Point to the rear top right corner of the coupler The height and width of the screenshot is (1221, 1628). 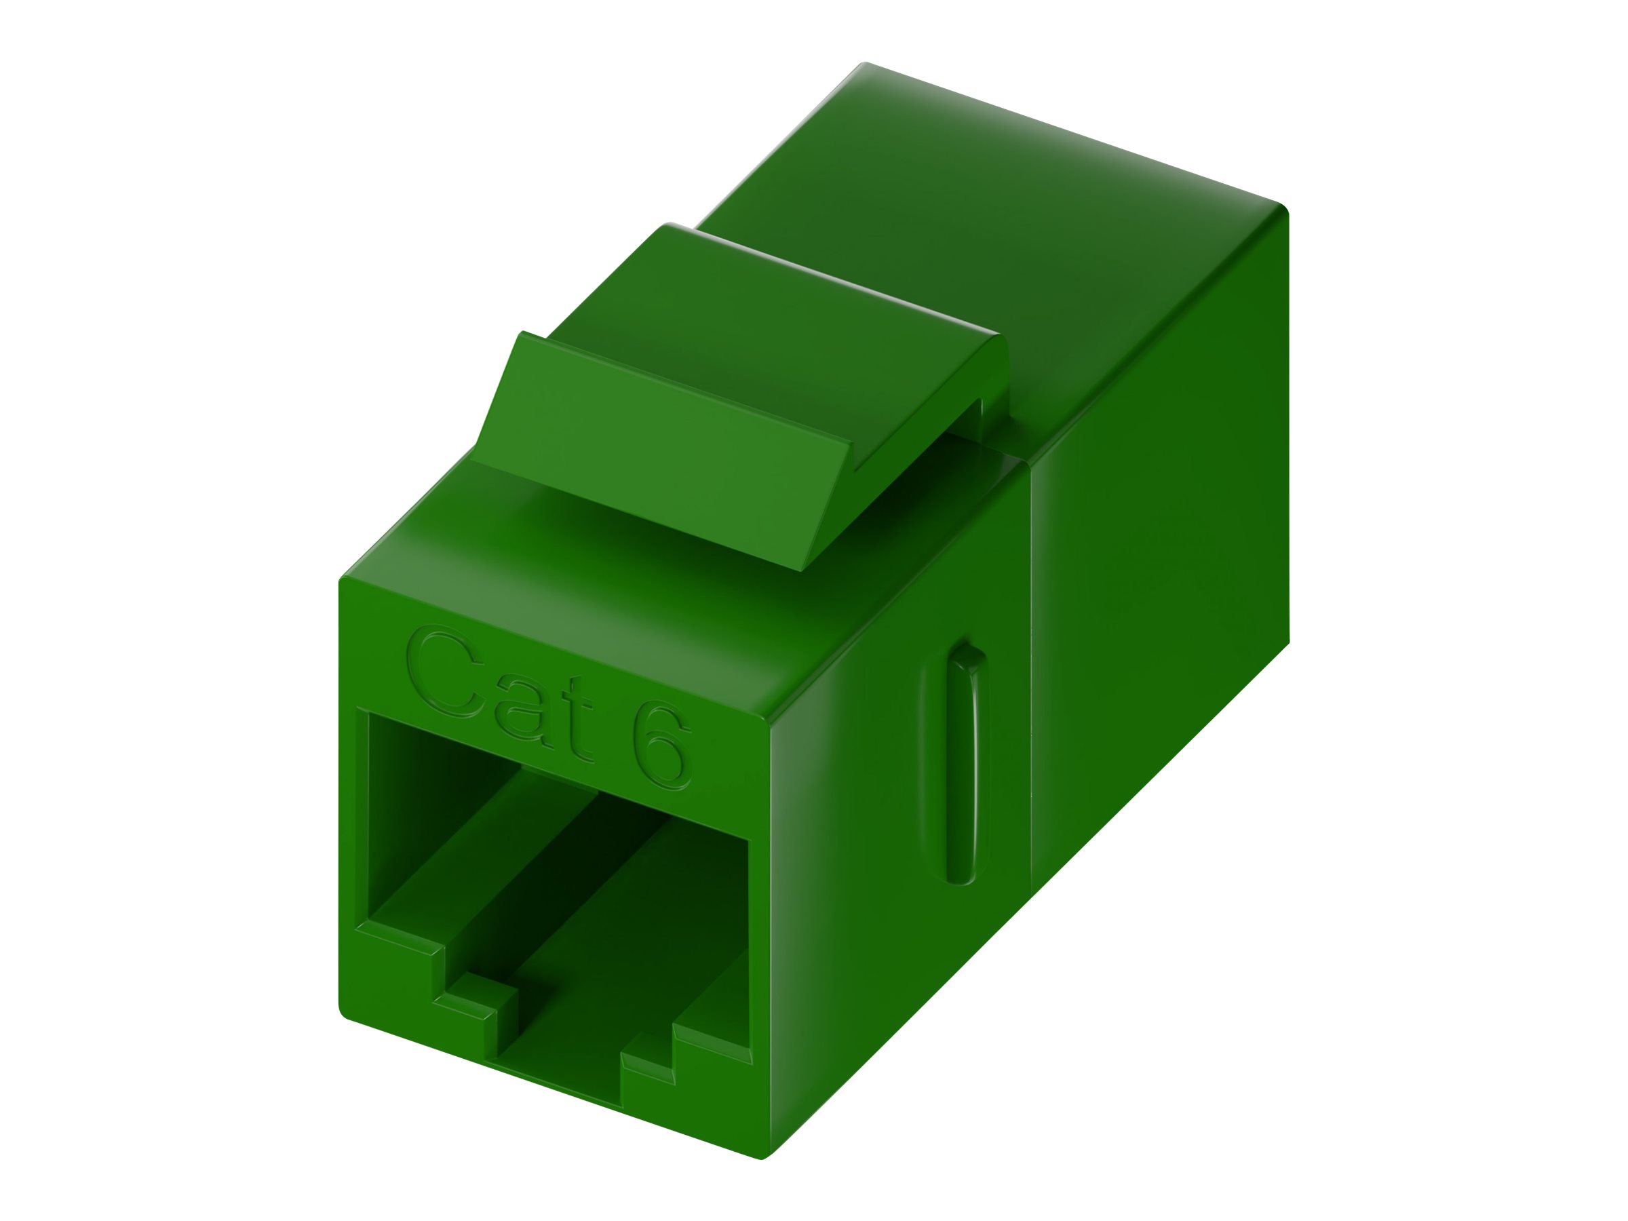(1284, 210)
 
